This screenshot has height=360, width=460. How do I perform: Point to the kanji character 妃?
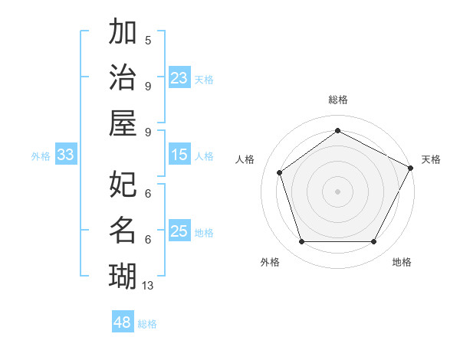pyautogui.click(x=123, y=185)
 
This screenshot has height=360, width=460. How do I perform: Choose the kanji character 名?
pyautogui.click(x=123, y=230)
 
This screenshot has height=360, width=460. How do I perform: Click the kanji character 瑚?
pyautogui.click(x=123, y=275)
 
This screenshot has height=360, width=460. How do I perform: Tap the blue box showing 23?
pyautogui.click(x=179, y=78)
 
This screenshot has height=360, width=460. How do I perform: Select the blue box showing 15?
pyautogui.click(x=179, y=155)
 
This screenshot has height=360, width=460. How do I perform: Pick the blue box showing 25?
pyautogui.click(x=179, y=231)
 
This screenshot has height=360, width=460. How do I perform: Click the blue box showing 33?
pyautogui.click(x=66, y=155)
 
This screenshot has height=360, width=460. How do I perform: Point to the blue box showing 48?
pyautogui.click(x=123, y=322)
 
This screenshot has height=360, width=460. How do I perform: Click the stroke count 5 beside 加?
pyautogui.click(x=148, y=41)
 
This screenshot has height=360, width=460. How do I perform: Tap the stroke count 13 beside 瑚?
pyautogui.click(x=148, y=286)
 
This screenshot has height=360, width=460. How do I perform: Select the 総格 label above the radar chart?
pyautogui.click(x=337, y=100)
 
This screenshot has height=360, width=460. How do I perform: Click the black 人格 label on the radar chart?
pyautogui.click(x=245, y=159)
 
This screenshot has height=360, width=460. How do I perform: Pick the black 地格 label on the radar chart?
pyautogui.click(x=402, y=262)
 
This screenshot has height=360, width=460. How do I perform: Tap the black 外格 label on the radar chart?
pyautogui.click(x=270, y=262)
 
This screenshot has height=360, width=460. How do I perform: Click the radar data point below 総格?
pyautogui.click(x=337, y=130)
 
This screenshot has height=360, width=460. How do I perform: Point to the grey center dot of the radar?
pyautogui.click(x=337, y=191)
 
